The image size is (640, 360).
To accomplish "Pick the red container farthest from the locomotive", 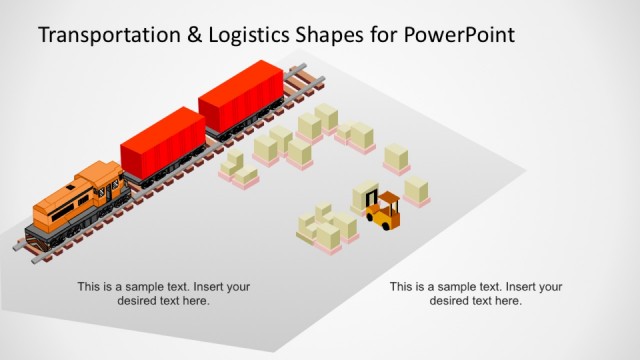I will click(241, 96).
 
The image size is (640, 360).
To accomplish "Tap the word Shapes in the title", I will click(338, 37).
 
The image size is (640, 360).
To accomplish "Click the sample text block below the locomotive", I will click(164, 294).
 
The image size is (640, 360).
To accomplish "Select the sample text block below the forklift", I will click(476, 294).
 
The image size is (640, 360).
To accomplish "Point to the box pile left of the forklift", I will click(327, 229).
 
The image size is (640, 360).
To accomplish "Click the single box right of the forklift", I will click(417, 189).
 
